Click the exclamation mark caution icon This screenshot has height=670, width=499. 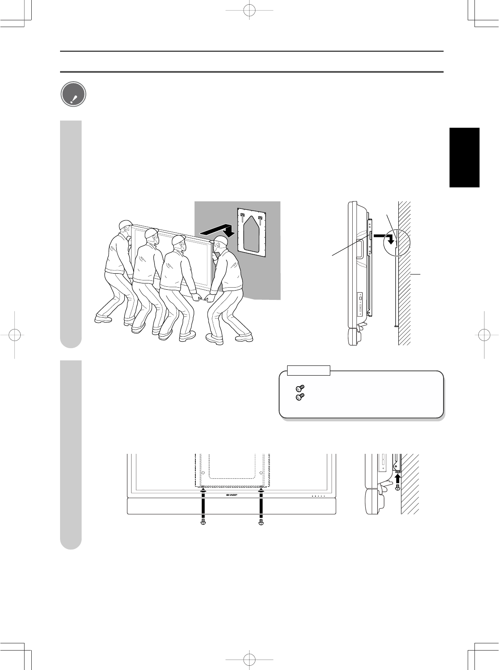pyautogui.click(x=74, y=94)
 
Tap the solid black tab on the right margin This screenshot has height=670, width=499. pyautogui.click(x=464, y=157)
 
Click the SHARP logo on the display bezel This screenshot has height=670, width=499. pyautogui.click(x=232, y=495)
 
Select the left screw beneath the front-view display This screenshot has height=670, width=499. pyautogui.click(x=203, y=522)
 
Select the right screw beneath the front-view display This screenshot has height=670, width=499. pyautogui.click(x=261, y=522)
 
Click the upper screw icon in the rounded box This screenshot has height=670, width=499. pyautogui.click(x=300, y=388)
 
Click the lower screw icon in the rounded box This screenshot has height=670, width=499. pyautogui.click(x=300, y=397)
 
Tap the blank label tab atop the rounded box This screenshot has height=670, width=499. pyautogui.click(x=308, y=371)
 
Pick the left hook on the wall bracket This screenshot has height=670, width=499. pyautogui.click(x=242, y=217)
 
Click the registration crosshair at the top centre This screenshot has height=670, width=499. pyautogui.click(x=249, y=10)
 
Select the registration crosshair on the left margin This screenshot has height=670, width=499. pyautogui.click(x=15, y=335)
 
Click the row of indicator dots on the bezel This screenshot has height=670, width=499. pyautogui.click(x=318, y=496)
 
